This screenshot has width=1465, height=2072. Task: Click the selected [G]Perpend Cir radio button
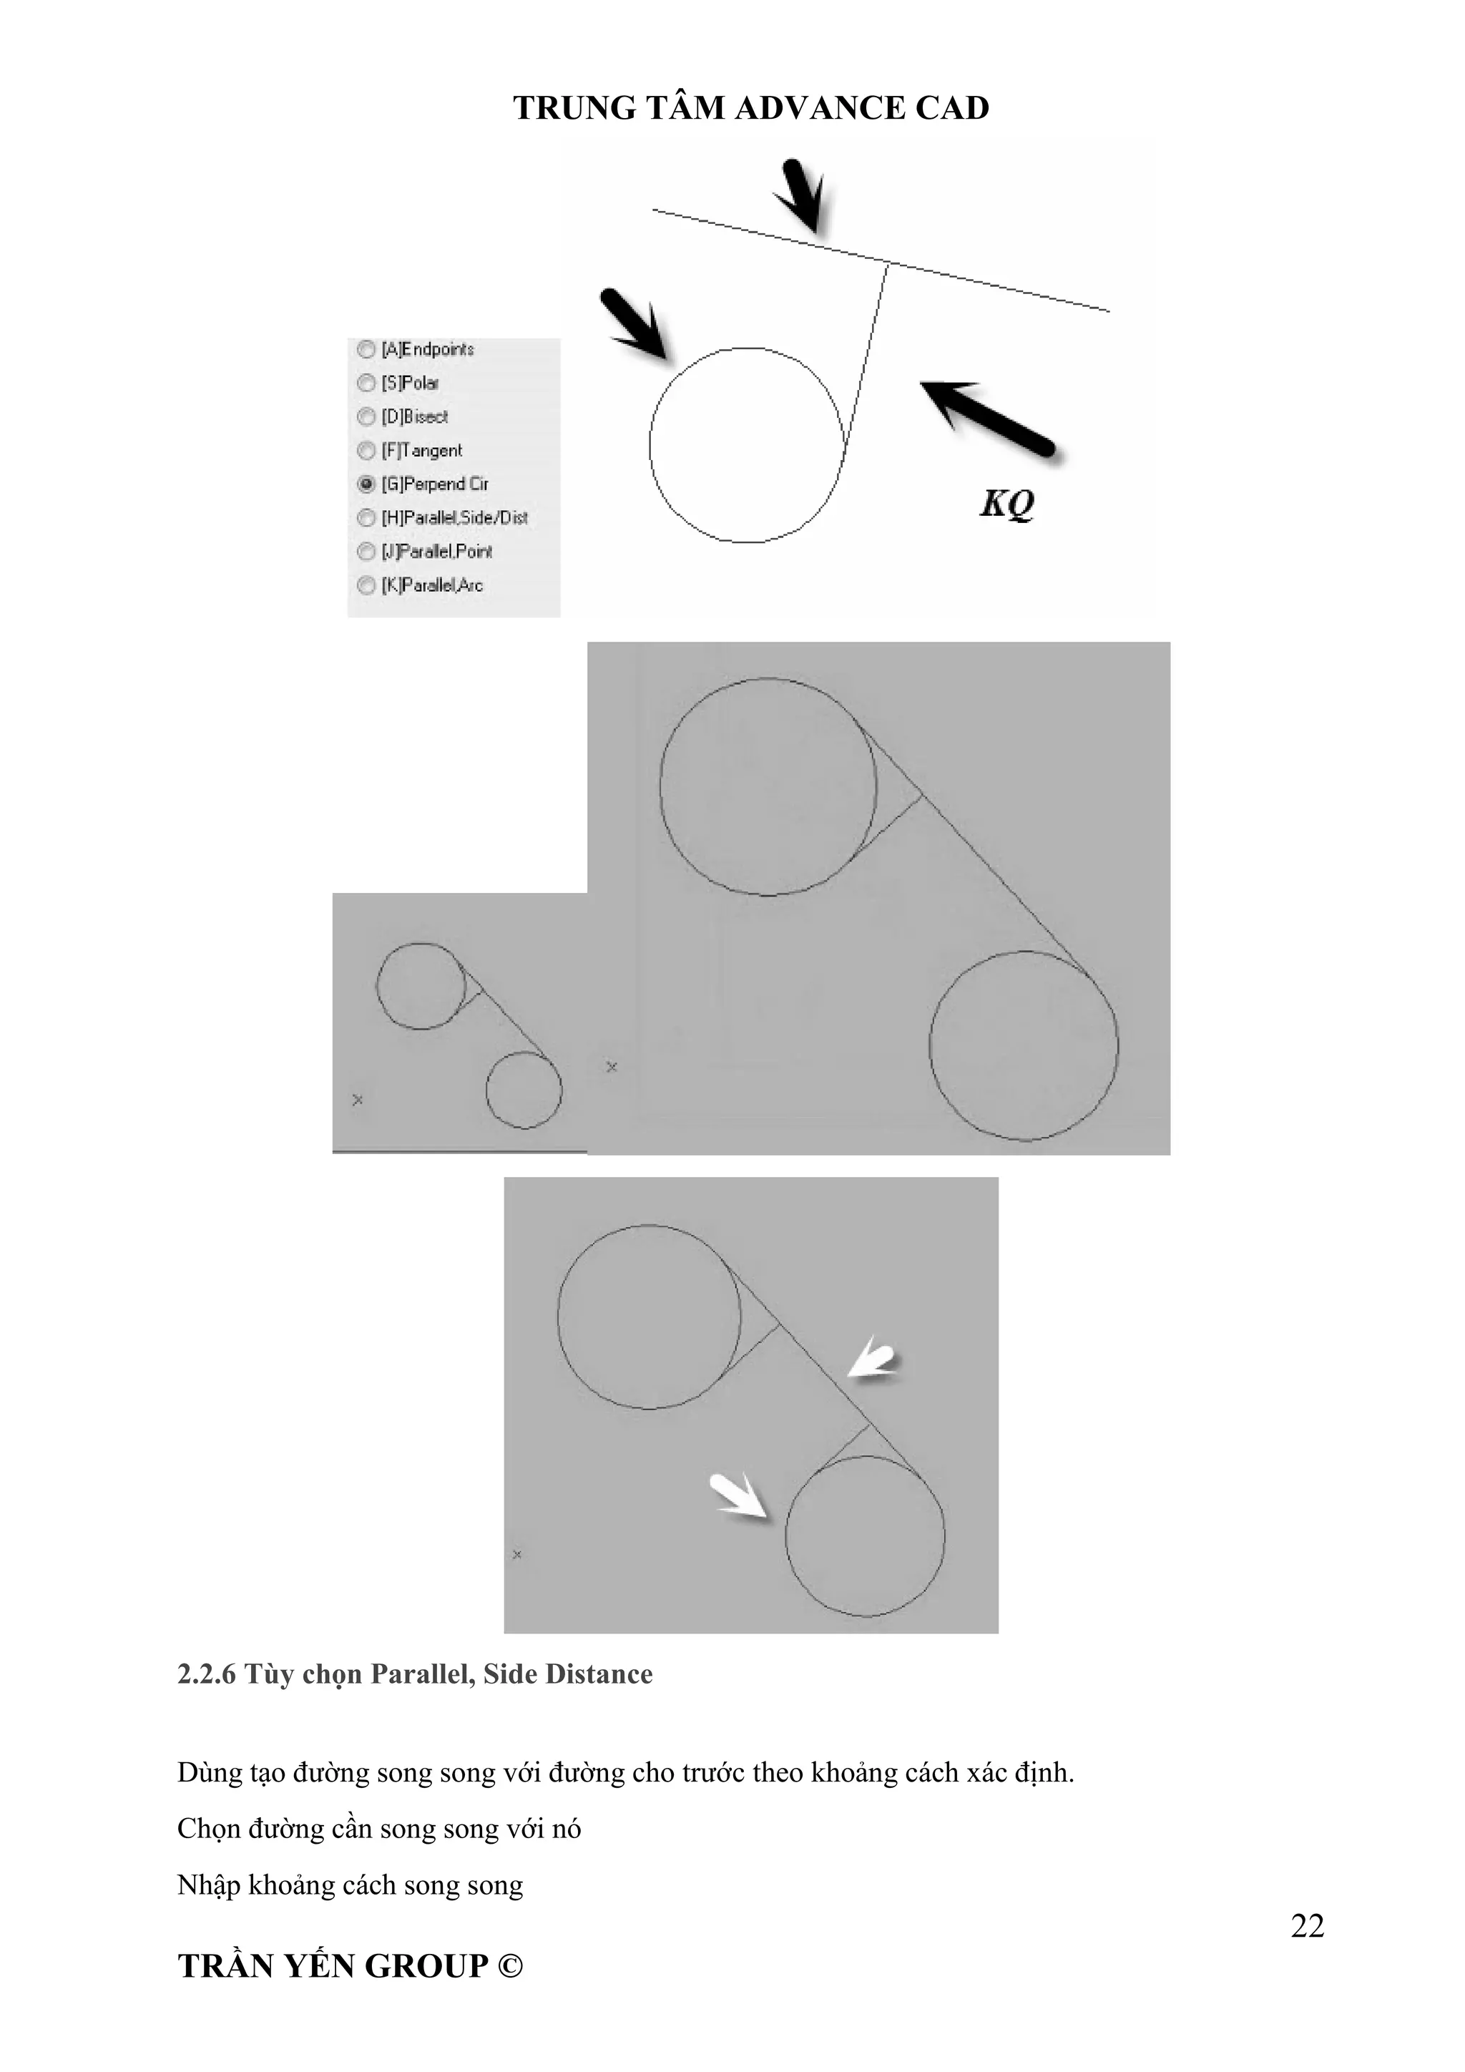(366, 484)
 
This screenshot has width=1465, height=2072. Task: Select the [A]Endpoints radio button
(366, 349)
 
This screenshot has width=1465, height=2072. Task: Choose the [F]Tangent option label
(422, 450)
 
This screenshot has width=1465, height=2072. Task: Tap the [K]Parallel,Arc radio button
(366, 586)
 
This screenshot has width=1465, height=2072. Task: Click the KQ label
(1006, 504)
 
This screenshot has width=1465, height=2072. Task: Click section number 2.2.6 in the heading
(207, 1675)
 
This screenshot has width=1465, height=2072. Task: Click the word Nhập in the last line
(210, 1886)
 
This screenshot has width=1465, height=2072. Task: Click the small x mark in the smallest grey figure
(357, 1100)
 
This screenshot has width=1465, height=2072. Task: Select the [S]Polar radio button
(366, 383)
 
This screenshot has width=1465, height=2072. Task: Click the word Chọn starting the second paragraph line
(210, 1829)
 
